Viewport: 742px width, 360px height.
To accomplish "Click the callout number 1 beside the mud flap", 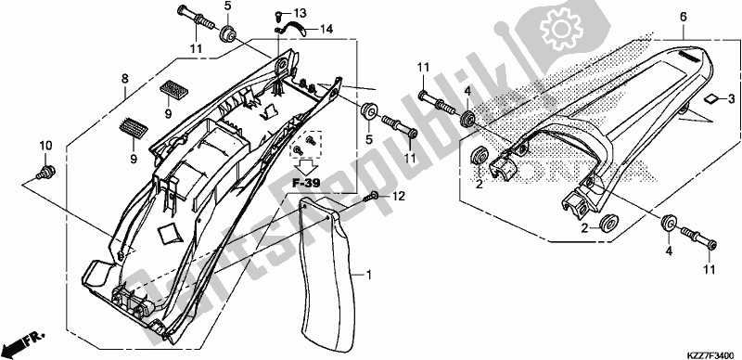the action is click(x=368, y=275).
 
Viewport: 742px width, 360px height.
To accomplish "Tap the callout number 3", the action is click(x=731, y=99).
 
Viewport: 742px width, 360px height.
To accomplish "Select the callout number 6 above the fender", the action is click(x=684, y=18).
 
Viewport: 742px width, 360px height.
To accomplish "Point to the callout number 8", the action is click(x=124, y=79).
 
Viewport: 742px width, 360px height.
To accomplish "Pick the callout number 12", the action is click(x=399, y=195).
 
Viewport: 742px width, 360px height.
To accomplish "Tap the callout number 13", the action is click(x=300, y=12).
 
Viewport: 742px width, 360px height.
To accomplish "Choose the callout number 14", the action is click(x=326, y=30).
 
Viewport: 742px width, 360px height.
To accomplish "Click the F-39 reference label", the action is click(x=305, y=183).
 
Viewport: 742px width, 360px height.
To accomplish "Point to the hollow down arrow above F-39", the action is click(x=305, y=167).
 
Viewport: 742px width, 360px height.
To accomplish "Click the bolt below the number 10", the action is click(x=46, y=172).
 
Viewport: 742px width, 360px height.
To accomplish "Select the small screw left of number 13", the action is click(x=279, y=16).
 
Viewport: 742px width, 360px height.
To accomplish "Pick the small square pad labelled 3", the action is click(x=709, y=98).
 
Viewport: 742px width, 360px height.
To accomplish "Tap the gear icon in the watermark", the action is click(x=561, y=31).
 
